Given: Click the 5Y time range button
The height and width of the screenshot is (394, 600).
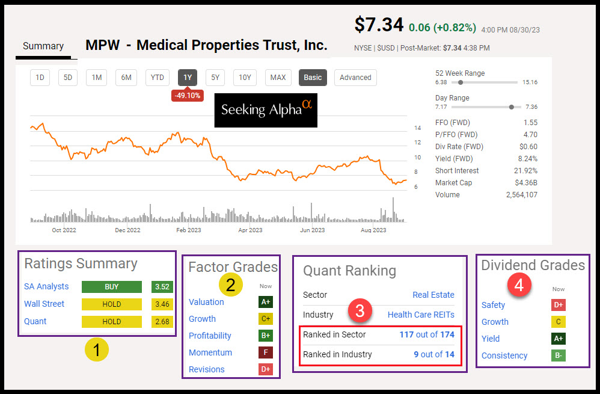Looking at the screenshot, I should click(215, 77).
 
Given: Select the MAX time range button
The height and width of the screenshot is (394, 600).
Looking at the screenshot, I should click(278, 77).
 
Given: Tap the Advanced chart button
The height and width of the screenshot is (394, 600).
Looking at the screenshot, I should click(355, 77).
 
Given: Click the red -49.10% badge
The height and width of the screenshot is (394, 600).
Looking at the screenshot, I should click(187, 96).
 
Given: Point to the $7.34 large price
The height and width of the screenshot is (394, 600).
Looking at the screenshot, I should click(378, 25).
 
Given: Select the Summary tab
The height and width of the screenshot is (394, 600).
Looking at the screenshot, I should click(43, 46).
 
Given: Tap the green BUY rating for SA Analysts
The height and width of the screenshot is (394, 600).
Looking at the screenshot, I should click(111, 287).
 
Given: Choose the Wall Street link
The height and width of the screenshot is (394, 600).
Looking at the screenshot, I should click(44, 304).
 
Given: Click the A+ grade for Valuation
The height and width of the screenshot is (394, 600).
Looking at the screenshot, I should click(265, 302).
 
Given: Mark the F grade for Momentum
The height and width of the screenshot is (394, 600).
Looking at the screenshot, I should click(265, 352).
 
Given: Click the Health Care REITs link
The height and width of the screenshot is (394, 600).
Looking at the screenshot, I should click(421, 315).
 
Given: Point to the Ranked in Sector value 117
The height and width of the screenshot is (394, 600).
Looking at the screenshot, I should click(406, 334).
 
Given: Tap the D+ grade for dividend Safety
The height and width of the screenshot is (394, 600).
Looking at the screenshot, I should click(558, 305).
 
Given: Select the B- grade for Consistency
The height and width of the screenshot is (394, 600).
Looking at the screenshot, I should click(558, 356).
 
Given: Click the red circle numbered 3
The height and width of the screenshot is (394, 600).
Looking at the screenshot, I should click(360, 311).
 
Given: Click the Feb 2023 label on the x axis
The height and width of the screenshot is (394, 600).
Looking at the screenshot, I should click(189, 230).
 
